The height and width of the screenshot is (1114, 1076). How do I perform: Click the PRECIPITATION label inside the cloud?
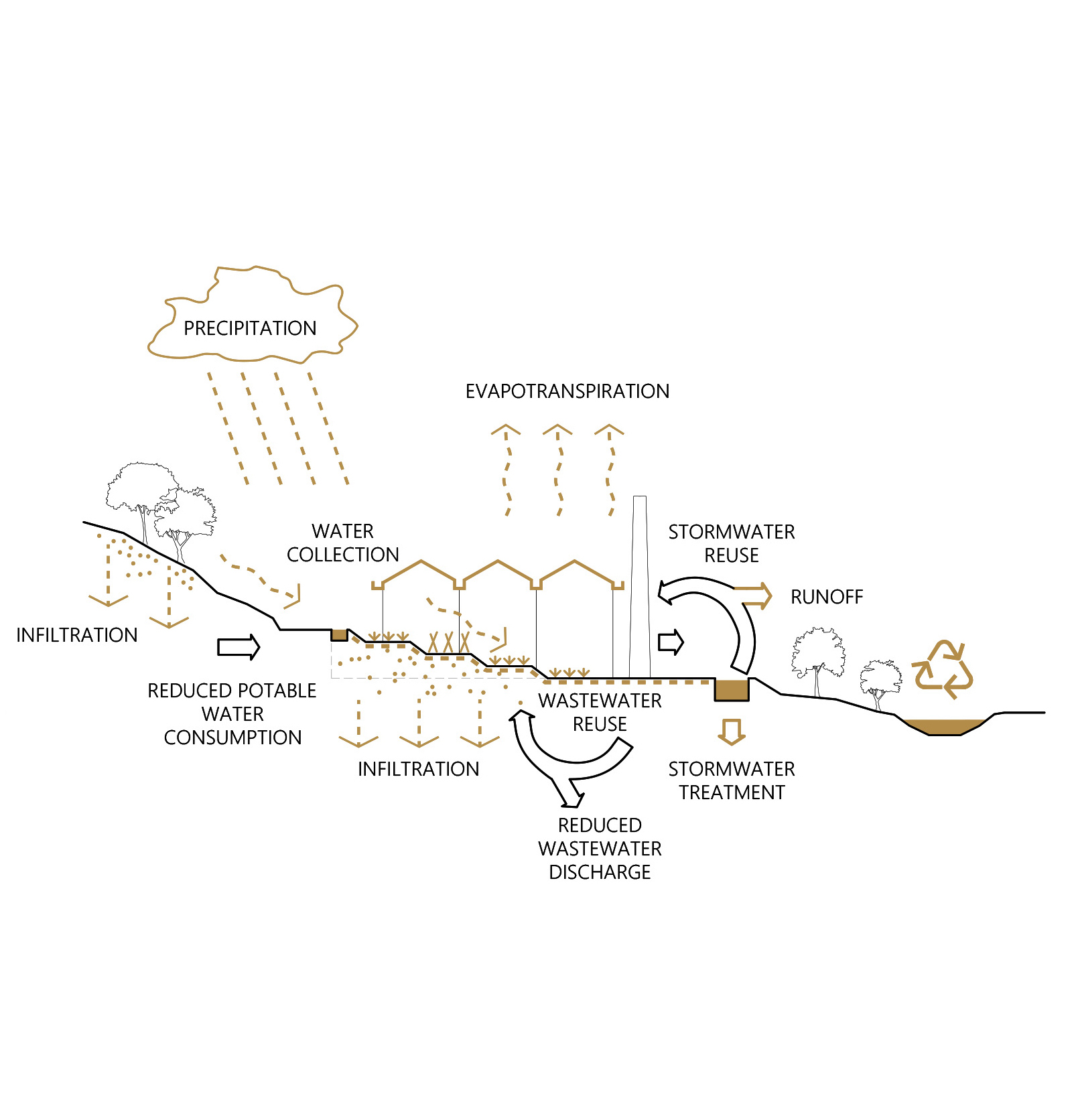(x=250, y=328)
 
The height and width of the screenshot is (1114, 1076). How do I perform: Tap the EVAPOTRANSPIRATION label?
(x=567, y=391)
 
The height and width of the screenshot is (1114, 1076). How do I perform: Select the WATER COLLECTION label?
(x=343, y=543)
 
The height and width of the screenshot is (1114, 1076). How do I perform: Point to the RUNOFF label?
(x=827, y=597)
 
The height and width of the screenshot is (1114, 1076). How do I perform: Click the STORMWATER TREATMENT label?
(x=732, y=780)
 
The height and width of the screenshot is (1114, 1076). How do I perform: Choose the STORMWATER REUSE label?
(x=732, y=543)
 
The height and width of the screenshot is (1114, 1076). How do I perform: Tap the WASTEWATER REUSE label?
(x=600, y=712)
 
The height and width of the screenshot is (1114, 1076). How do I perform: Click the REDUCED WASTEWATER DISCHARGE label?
(x=600, y=848)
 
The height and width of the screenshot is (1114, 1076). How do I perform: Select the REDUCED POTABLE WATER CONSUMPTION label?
(x=232, y=714)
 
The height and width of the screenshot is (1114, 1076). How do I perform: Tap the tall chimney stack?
(x=640, y=587)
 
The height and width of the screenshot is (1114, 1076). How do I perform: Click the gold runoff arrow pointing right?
(x=753, y=596)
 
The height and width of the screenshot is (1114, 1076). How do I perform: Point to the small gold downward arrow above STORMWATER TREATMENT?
(x=732, y=732)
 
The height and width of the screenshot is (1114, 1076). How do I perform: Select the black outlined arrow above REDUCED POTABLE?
(x=239, y=647)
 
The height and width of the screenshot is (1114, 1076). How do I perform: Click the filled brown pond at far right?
(x=944, y=727)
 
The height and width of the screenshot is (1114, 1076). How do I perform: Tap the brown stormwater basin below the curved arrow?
(x=732, y=690)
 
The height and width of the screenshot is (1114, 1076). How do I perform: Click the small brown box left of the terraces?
(x=340, y=634)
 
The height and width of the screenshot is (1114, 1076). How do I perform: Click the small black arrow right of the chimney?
(x=671, y=642)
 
